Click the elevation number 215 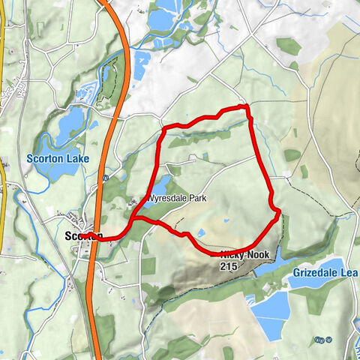(229, 265)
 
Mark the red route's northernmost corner (245, 107)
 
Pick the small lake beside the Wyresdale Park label (162, 185)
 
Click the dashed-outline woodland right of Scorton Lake (109, 82)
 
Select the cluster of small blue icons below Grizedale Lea (322, 340)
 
